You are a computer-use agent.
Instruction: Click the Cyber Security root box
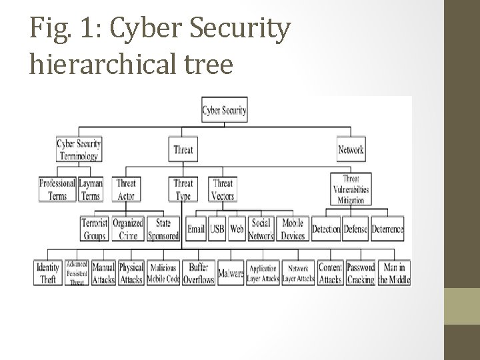tap(225, 110)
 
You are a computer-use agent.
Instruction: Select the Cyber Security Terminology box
tap(78, 149)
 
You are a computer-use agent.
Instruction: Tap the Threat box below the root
tap(183, 149)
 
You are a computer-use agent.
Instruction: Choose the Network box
tap(351, 149)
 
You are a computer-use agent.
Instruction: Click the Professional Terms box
tap(57, 189)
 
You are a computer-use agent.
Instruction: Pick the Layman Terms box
tap(90, 189)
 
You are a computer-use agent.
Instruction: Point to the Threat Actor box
tap(126, 189)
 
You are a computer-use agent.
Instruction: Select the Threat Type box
tap(183, 189)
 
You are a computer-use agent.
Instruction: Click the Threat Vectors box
tap(223, 189)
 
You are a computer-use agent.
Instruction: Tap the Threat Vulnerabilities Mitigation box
tap(351, 189)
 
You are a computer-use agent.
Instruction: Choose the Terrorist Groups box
tap(95, 229)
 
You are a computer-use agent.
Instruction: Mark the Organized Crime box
tap(127, 229)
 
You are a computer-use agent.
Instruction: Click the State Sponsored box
tap(163, 229)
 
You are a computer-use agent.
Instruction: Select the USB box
tap(217, 229)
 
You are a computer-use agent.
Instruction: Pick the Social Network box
tap(261, 229)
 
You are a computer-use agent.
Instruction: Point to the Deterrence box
tap(387, 229)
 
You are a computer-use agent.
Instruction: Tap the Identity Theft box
tap(48, 273)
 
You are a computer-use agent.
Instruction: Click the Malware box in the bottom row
tap(231, 273)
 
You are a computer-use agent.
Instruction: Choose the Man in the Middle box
tap(394, 273)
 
